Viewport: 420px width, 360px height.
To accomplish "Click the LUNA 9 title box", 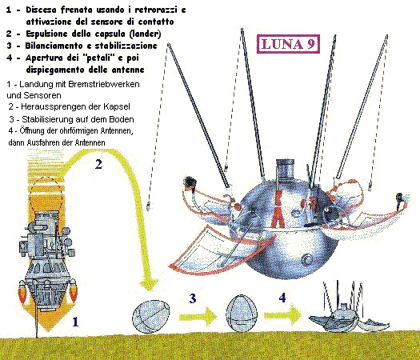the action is tap(288, 44).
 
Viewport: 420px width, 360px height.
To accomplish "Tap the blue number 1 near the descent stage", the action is tap(75, 322).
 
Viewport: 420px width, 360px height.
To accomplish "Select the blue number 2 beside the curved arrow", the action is tap(98, 164).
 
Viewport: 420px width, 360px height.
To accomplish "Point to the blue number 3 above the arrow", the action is tap(193, 298).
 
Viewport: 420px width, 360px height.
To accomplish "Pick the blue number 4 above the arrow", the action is tap(282, 298).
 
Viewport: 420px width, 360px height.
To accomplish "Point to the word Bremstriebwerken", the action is tap(104, 84).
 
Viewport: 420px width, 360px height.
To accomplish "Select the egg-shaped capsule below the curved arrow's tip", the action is tap(151, 317).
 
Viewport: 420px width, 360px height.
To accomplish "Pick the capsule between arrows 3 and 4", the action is tap(242, 313).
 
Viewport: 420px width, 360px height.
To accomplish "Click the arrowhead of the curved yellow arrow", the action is tap(149, 284).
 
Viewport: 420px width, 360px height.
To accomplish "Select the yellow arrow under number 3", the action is tap(198, 317).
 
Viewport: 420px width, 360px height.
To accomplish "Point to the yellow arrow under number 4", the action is tap(283, 315).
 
